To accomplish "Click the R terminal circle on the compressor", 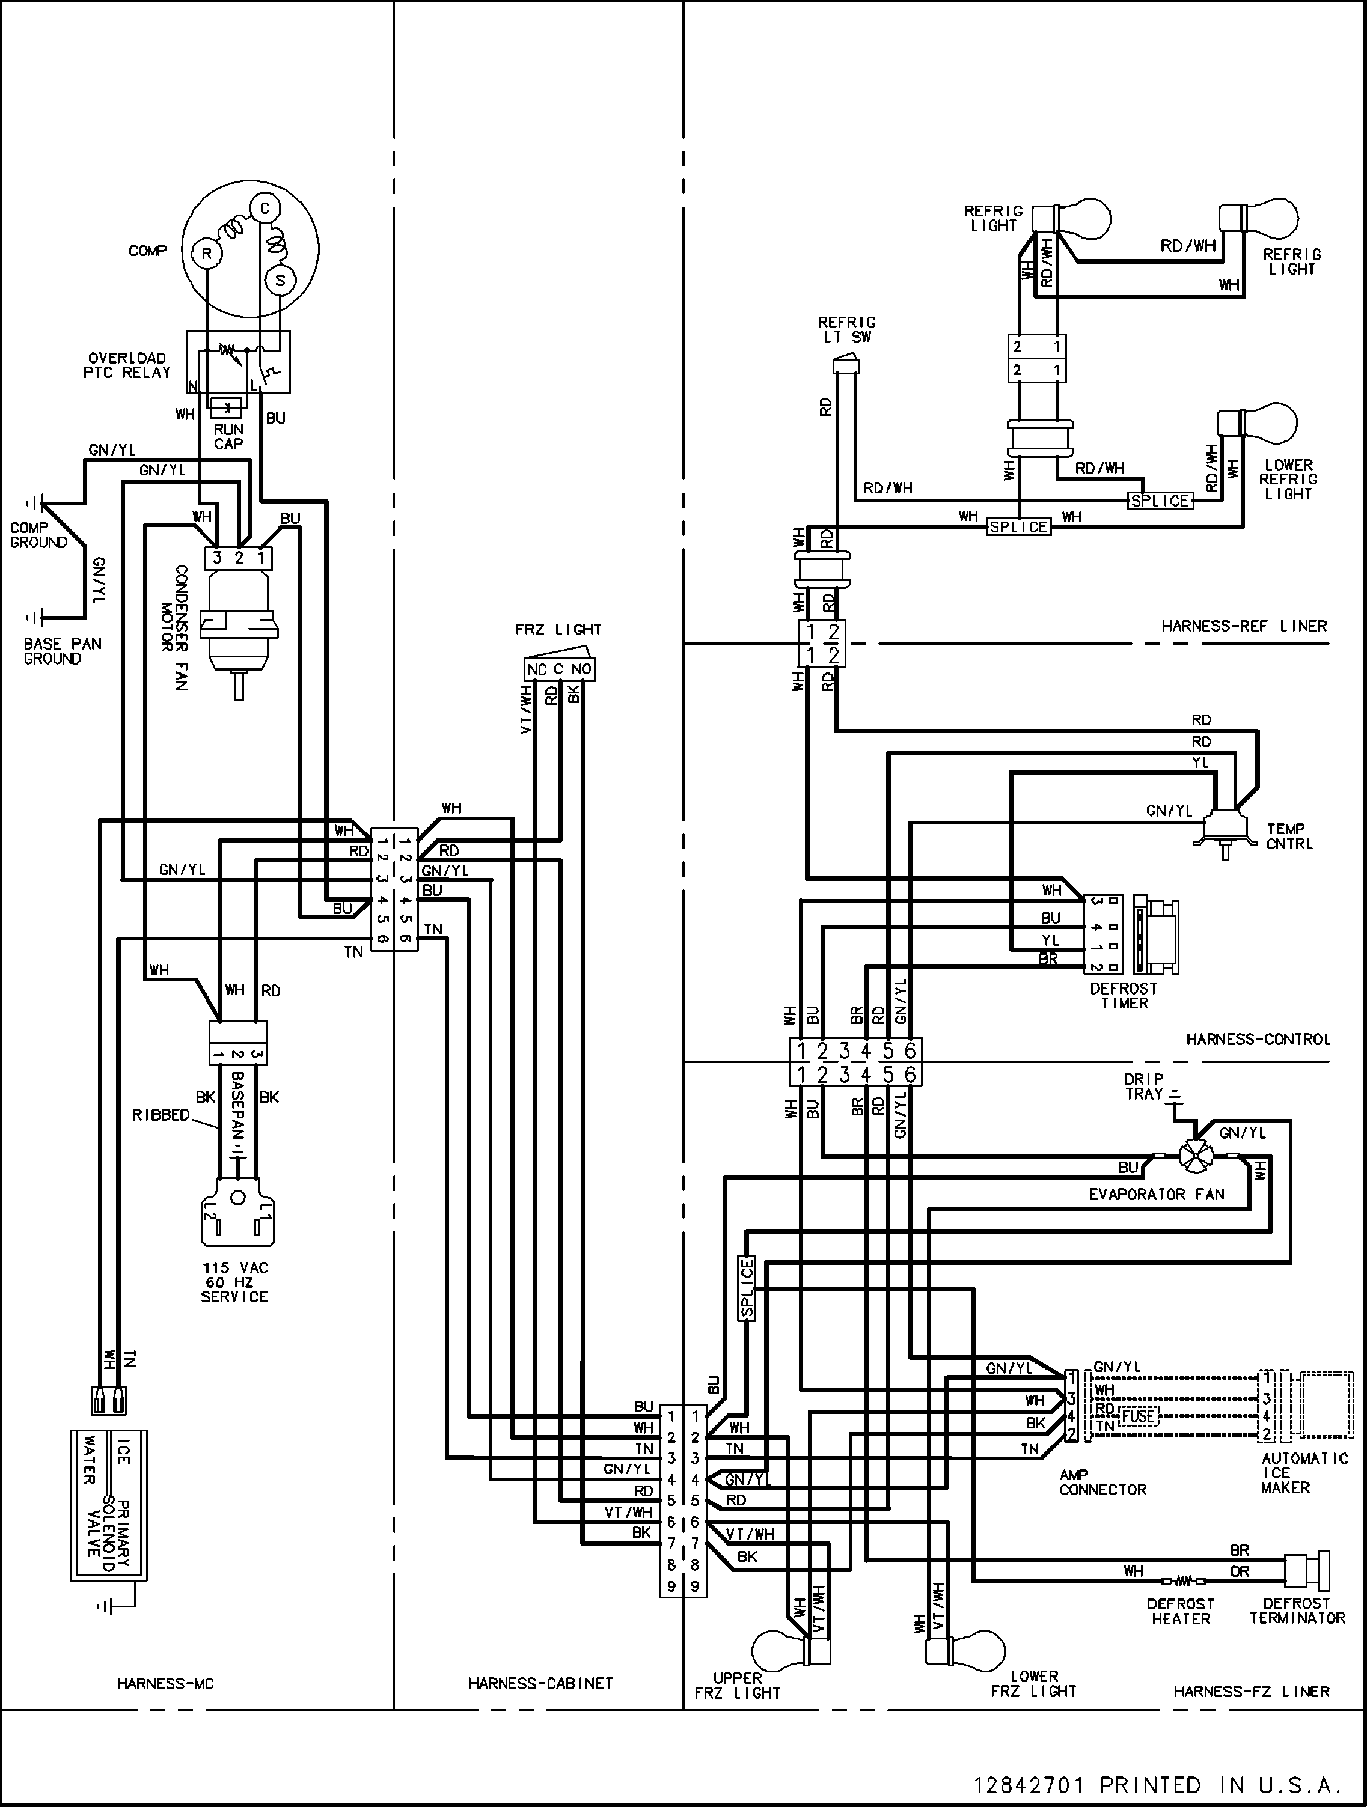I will pyautogui.click(x=207, y=254).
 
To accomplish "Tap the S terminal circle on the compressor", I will pyautogui.click(x=280, y=280).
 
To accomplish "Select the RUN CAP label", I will pyautogui.click(x=229, y=436).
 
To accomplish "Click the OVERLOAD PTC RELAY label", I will pyautogui.click(x=127, y=365).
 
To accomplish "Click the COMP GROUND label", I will pyautogui.click(x=38, y=535).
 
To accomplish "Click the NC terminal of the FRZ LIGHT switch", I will pyautogui.click(x=537, y=670).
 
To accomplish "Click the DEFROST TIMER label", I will pyautogui.click(x=1124, y=996).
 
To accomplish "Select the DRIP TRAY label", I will pyautogui.click(x=1144, y=1086).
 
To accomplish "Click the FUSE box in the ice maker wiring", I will pyautogui.click(x=1138, y=1415).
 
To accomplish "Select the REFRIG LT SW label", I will pyautogui.click(x=846, y=329).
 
